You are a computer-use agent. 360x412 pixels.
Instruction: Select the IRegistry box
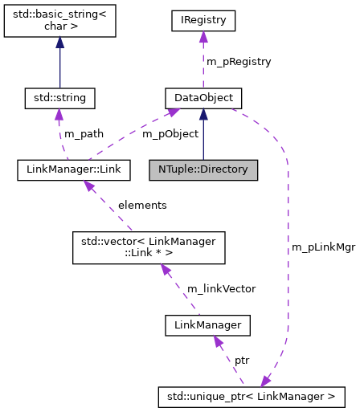202,20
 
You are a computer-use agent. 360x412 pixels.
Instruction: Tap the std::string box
59,98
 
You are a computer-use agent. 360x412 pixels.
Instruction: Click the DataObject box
202,98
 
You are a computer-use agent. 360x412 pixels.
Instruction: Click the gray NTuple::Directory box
202,169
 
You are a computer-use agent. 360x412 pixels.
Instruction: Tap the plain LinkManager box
207,325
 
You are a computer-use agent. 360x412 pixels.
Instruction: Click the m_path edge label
84,133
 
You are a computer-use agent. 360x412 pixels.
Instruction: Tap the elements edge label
142,205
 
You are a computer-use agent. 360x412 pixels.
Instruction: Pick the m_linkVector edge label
221,288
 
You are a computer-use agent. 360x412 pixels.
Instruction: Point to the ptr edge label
241,361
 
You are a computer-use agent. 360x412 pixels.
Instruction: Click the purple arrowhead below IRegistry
202,37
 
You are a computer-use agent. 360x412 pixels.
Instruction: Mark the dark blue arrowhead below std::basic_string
59,45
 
